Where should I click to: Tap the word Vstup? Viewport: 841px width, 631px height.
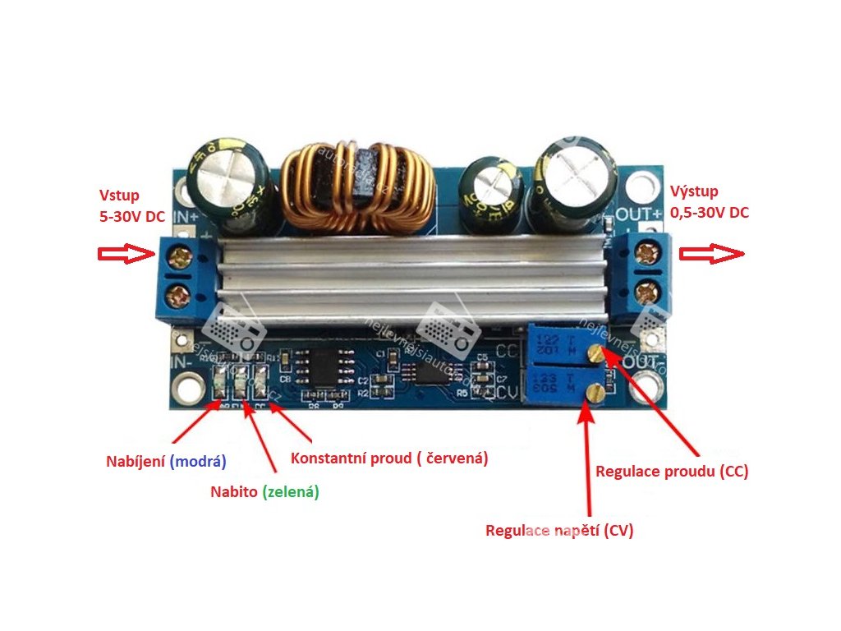(119, 195)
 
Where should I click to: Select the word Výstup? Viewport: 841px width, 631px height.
(694, 191)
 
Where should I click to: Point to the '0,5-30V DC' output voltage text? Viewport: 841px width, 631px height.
(710, 212)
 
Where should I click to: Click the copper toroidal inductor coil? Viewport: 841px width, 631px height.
(357, 187)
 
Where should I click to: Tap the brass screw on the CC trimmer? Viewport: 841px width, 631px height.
(597, 353)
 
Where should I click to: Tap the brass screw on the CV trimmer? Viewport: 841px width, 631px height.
(591, 396)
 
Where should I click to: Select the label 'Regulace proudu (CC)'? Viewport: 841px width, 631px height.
(672, 472)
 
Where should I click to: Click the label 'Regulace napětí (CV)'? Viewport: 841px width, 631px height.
(559, 530)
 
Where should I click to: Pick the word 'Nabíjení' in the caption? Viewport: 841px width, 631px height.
(136, 461)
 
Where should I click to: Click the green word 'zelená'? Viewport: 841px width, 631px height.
(289, 492)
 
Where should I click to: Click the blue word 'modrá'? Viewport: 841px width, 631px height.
(198, 461)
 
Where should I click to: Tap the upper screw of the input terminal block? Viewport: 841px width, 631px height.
(180, 255)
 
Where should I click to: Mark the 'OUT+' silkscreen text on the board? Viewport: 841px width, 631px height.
(638, 214)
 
